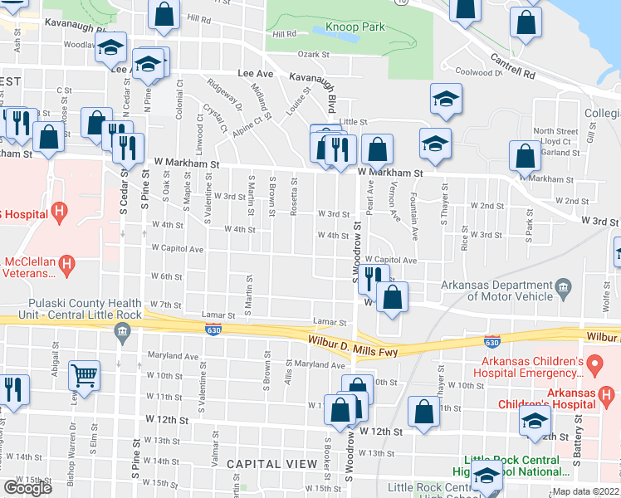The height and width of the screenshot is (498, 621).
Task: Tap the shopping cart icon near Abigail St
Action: point(84,375)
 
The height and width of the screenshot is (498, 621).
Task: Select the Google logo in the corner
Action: point(27,488)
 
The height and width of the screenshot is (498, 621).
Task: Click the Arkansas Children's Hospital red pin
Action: point(594,364)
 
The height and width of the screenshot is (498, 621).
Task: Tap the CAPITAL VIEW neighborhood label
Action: point(271,463)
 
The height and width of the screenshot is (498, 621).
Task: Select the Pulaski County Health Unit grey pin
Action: point(123,333)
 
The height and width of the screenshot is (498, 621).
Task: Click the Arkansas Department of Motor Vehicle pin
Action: point(564,290)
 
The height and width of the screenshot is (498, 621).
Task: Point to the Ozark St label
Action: point(315,55)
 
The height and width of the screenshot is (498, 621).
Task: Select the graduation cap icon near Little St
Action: point(446,99)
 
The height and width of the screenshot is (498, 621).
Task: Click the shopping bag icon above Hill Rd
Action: point(164,13)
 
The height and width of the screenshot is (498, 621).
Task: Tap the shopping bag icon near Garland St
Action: point(525,155)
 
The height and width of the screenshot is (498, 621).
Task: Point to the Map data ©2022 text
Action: point(585,491)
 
